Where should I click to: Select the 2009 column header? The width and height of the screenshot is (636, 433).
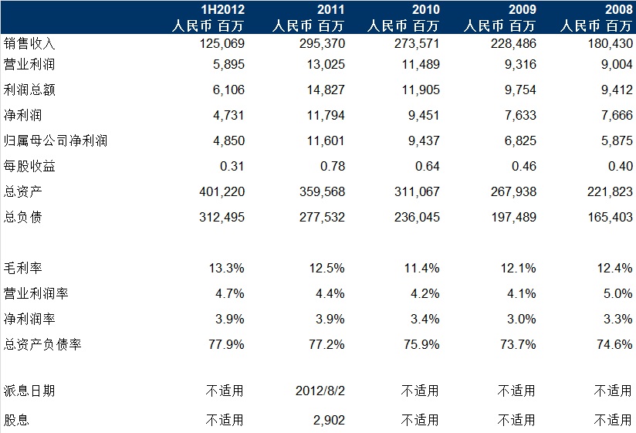coord(519,9)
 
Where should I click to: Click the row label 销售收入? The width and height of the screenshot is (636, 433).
coord(30,43)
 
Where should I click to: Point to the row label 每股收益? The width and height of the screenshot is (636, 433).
coord(30,166)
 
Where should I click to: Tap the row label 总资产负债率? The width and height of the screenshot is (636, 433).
coord(42,344)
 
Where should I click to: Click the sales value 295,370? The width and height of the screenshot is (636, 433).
coord(319,43)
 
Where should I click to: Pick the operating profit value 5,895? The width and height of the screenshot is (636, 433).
coord(228,66)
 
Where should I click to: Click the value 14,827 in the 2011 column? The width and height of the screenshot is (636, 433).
coord(323,90)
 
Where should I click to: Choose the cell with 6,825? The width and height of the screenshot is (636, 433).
coord(519,140)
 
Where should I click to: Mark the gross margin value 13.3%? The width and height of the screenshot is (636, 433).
coord(226,269)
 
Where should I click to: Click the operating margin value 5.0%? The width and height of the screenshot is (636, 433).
coord(616,294)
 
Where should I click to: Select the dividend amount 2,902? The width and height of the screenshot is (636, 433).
coord(327,420)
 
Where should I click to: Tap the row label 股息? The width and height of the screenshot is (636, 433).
coord(18,420)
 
